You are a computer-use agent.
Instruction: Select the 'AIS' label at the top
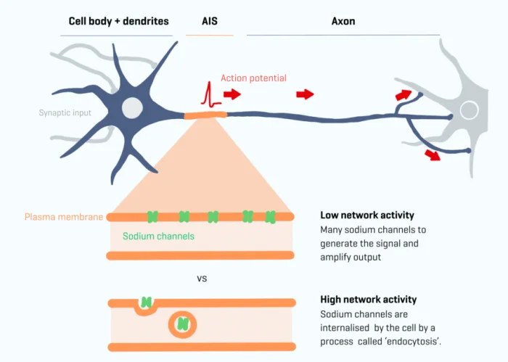(x=210, y=22)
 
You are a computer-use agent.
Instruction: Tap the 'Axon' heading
(x=343, y=22)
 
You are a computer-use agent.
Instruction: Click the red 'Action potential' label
(x=253, y=78)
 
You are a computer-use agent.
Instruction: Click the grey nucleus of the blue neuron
(x=132, y=108)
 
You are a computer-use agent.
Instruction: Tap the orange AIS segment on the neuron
(x=205, y=114)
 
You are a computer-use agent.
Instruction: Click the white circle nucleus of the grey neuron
(x=470, y=111)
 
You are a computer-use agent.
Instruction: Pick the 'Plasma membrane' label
(x=64, y=217)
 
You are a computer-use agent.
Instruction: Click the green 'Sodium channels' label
(x=158, y=236)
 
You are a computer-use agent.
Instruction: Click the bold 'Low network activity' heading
(x=366, y=215)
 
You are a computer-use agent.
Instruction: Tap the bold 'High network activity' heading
(x=368, y=300)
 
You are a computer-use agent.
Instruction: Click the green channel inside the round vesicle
(x=181, y=324)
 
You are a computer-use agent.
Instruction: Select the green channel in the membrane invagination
(x=147, y=303)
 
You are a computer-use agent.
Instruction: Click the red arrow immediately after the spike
(x=232, y=94)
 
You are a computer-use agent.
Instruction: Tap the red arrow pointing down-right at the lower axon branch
(x=433, y=155)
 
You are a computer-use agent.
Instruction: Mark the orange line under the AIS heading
(x=210, y=35)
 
